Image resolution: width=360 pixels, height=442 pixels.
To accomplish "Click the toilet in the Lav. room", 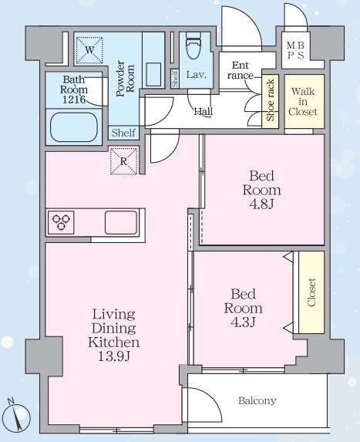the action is tap(193, 46).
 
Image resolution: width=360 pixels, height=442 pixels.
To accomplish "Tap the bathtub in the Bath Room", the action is tap(74, 127).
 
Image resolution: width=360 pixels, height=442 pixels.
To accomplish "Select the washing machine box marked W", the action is tap(89, 50).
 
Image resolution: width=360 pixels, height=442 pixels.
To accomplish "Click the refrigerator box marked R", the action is tap(123, 161).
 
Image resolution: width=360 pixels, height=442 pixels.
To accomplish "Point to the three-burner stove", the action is tap(61, 222).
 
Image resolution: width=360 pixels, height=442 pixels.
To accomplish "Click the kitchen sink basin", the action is tap(121, 222).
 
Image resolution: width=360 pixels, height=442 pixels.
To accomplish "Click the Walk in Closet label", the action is tap(304, 102).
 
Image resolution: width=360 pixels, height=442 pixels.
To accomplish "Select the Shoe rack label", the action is tap(270, 100).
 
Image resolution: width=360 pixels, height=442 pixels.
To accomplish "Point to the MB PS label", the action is tap(295, 50).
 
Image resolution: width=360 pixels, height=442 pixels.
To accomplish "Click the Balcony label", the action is tap(257, 400).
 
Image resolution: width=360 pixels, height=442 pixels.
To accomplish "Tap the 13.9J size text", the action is tap(114, 356).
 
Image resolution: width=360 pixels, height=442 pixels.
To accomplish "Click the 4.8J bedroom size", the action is tap(261, 204).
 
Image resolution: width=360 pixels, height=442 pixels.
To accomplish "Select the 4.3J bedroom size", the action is tap(243, 322).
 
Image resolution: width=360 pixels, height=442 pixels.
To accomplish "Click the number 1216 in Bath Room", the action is tap(74, 100).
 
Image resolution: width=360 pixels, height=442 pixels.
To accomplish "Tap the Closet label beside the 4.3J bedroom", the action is tap(311, 292).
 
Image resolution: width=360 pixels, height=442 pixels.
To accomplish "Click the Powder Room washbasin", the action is tap(153, 74).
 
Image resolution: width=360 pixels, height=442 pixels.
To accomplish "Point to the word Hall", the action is tap(204, 112).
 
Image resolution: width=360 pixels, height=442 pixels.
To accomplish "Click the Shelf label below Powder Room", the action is tap(123, 133).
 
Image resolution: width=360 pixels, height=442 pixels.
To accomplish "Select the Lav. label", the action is tap(197, 75).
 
